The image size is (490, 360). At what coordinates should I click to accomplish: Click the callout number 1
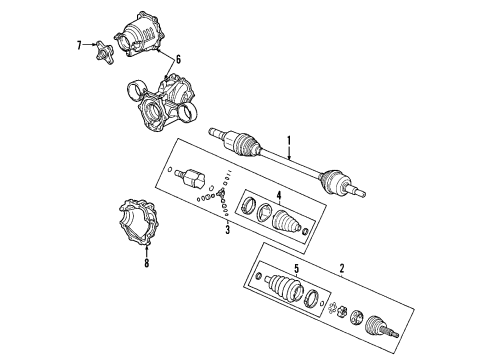pos(289,141)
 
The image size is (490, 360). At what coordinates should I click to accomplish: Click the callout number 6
pos(177,60)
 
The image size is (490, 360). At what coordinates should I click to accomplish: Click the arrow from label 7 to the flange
pos(88,45)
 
